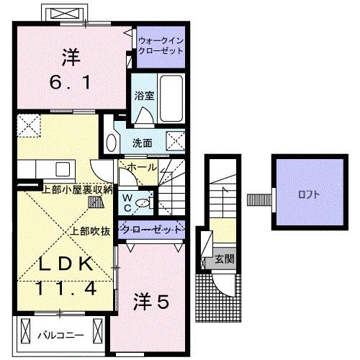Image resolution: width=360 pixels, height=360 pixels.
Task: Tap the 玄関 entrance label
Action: [224, 258]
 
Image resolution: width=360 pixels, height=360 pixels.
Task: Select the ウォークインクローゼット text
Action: [160, 47]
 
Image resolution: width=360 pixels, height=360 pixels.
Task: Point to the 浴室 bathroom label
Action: [141, 94]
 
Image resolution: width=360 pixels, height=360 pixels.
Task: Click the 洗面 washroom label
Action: [142, 143]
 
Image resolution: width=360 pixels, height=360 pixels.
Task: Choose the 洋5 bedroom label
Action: [150, 303]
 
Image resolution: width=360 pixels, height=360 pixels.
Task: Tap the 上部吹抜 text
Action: [90, 232]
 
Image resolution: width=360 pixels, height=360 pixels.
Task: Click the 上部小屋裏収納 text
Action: [77, 190]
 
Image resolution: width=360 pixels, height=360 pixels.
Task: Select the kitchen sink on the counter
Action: [60, 169]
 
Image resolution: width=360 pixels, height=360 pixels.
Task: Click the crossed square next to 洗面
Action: [174, 140]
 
